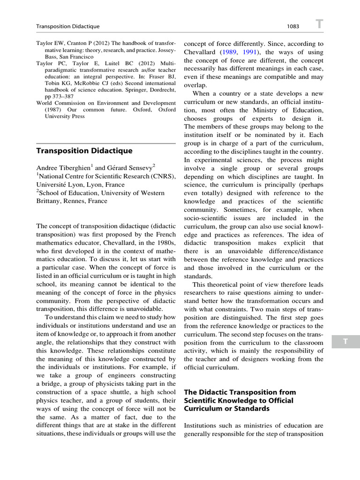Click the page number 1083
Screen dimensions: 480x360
coord(293,27)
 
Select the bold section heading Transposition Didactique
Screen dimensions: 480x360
coord(84,150)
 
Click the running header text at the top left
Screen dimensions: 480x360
coord(68,27)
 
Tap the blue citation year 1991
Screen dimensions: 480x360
coord(253,52)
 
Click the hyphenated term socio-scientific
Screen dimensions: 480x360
coord(209,218)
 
